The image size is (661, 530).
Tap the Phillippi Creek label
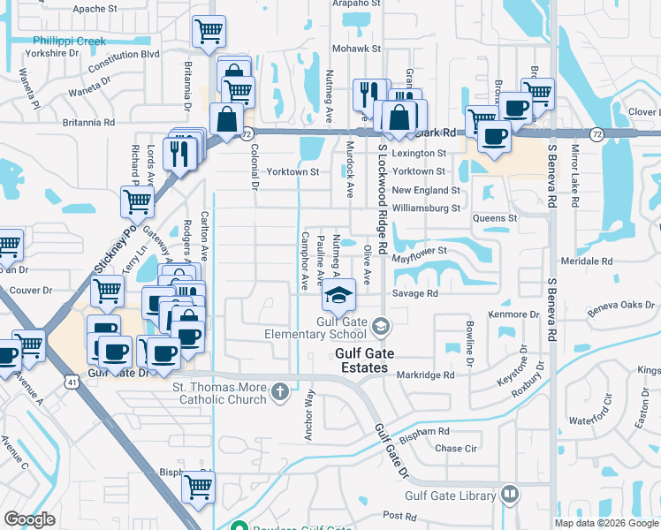click(x=69, y=41)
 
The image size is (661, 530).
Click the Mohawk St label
click(x=356, y=49)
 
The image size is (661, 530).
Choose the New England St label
click(x=426, y=190)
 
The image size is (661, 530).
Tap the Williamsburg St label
click(x=426, y=208)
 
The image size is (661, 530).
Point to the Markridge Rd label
click(x=425, y=375)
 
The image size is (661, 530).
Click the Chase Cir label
click(x=456, y=449)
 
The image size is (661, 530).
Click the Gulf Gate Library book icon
click(x=510, y=495)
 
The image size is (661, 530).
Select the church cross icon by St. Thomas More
click(x=280, y=390)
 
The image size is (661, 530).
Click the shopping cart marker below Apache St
click(x=209, y=32)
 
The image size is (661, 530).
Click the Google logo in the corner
click(x=29, y=519)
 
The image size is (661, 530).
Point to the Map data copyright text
click(x=607, y=523)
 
